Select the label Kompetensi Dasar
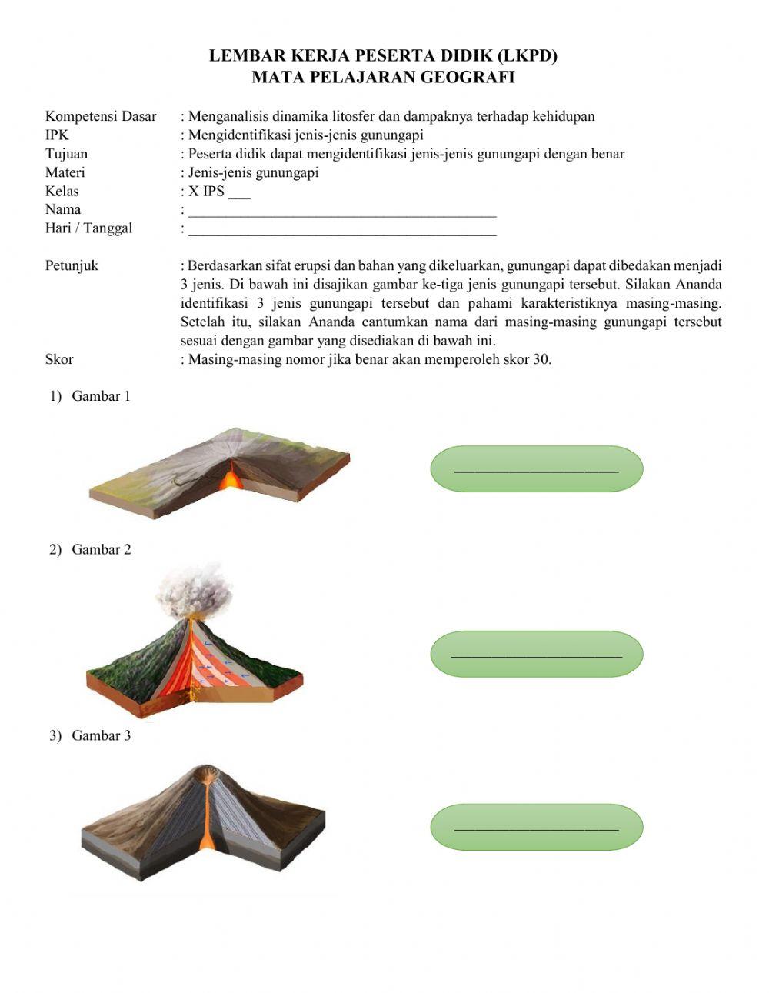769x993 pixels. pyautogui.click(x=101, y=116)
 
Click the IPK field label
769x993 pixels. pyautogui.click(x=57, y=135)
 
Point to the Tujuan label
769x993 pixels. pyautogui.click(x=66, y=153)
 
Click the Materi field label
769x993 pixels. pyautogui.click(x=65, y=172)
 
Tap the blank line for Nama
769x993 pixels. pyautogui.click(x=342, y=211)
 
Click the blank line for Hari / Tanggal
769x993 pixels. pyautogui.click(x=342, y=229)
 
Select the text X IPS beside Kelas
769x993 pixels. pyautogui.click(x=206, y=191)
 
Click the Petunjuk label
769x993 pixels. pyautogui.click(x=72, y=265)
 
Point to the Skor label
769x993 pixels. pyautogui.click(x=59, y=359)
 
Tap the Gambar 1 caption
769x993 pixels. pyautogui.click(x=101, y=396)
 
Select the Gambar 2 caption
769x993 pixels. pyautogui.click(x=101, y=549)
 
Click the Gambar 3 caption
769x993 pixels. pyautogui.click(x=101, y=735)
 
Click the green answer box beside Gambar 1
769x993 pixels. pyautogui.click(x=536, y=468)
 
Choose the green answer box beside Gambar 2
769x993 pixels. pyautogui.click(x=536, y=654)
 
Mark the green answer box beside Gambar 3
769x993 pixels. pyautogui.click(x=536, y=827)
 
